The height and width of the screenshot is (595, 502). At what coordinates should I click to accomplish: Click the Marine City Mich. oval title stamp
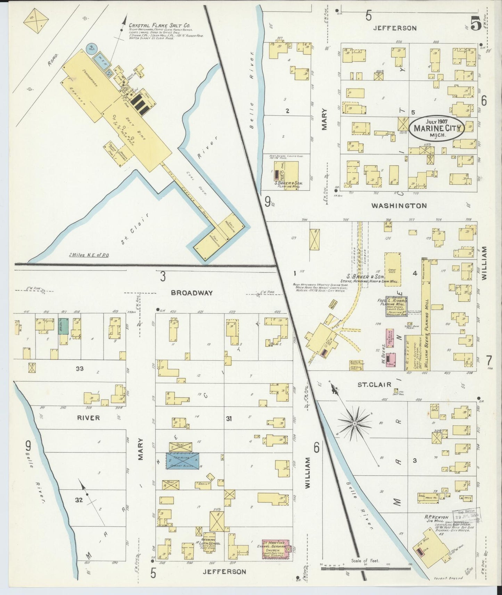437,129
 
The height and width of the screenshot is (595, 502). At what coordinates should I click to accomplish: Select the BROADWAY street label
191,293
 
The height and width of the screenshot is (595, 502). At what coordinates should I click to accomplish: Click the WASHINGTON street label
399,206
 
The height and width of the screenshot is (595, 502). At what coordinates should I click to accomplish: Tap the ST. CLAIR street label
375,384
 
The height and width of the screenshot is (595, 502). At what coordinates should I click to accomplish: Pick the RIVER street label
88,418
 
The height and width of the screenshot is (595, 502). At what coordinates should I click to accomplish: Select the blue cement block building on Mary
182,461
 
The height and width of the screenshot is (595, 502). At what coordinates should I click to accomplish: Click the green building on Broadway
63,326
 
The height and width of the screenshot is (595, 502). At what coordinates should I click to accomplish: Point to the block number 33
80,368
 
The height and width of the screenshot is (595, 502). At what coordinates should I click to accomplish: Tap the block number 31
229,419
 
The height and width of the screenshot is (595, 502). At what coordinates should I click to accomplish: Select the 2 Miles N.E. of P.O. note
89,255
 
